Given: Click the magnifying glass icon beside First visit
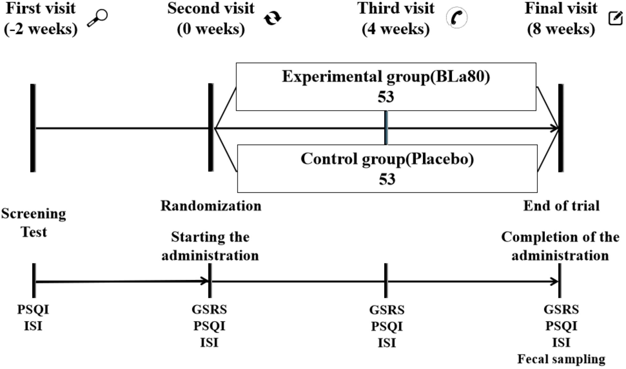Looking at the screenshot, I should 97,18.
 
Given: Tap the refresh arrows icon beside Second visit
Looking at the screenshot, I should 272,18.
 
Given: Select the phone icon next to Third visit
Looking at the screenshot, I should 456,18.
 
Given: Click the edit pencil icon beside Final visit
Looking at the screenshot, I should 615,18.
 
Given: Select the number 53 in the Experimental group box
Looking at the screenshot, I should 386,97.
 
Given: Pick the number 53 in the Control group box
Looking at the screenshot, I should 387,179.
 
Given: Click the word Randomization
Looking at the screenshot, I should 211,206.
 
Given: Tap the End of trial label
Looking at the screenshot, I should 561,206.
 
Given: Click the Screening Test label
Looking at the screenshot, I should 33,223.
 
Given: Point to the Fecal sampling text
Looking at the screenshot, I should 561,359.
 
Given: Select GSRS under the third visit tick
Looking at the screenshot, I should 387,310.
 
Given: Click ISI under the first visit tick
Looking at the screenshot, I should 33,326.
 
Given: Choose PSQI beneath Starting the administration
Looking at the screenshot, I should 209,326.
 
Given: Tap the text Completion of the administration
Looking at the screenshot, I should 560,246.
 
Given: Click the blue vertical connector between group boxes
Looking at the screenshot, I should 386,128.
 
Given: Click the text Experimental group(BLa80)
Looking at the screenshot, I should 386,77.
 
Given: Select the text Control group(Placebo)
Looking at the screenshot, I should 387,159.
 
